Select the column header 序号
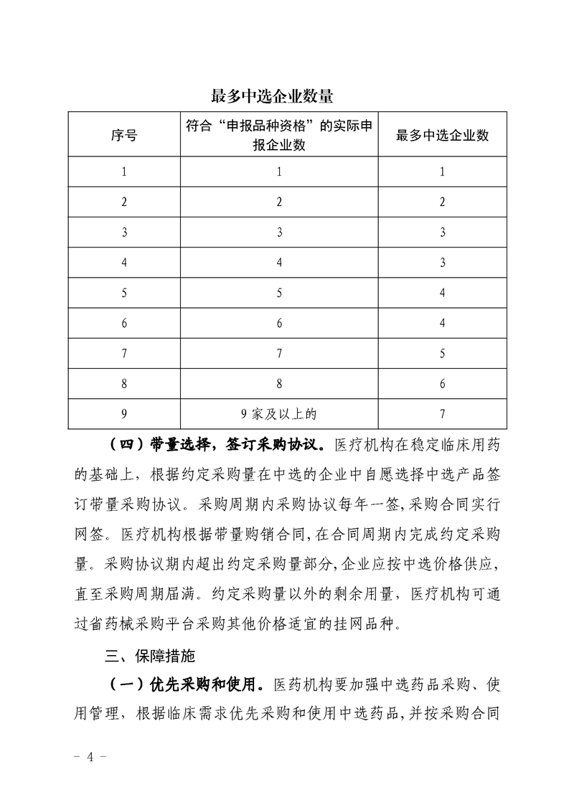point(124,135)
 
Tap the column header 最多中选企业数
point(442,135)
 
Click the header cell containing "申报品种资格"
point(279,135)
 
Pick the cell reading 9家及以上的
point(279,413)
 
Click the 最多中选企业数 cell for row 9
point(442,413)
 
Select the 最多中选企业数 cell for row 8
point(442,383)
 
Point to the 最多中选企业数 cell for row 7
point(442,353)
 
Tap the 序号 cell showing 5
point(124,293)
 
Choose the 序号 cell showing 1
point(124,171)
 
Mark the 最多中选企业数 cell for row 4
point(442,263)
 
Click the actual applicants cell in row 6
point(279,323)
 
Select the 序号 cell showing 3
point(124,232)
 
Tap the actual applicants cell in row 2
point(279,202)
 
